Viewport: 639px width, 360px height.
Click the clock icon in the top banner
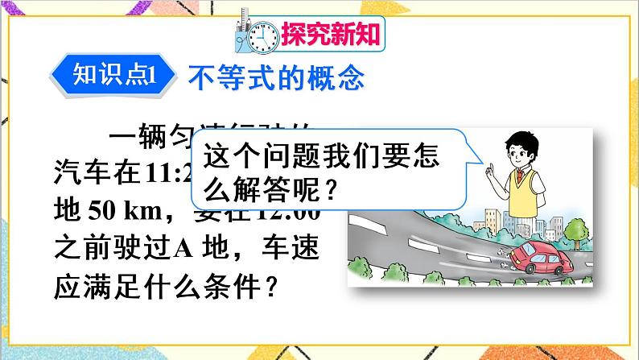click(x=262, y=34)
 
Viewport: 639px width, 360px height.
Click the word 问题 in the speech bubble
click(x=294, y=154)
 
